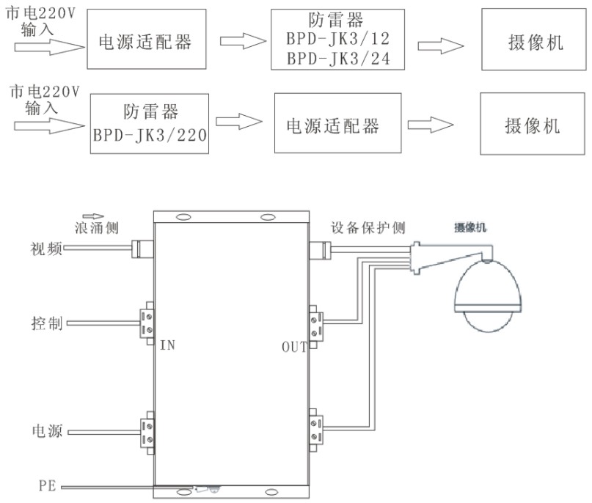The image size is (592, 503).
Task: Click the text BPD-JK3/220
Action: (150, 136)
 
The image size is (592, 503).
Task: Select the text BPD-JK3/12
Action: (337, 38)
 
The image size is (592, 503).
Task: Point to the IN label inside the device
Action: (168, 343)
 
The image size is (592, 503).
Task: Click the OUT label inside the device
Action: (294, 346)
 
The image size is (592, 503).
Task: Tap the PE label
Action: (47, 486)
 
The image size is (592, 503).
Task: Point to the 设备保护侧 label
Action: (368, 228)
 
